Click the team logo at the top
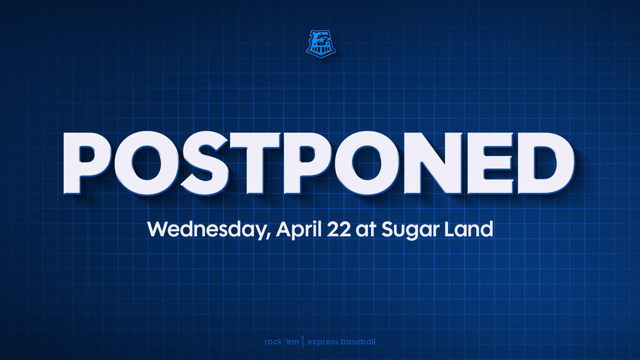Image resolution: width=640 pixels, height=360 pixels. click(321, 44)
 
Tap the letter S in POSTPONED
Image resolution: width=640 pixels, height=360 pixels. click(205, 163)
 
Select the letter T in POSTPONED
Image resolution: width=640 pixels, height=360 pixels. click(255, 163)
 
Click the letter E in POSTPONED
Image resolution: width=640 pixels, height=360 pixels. click(490, 163)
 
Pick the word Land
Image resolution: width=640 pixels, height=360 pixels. click(469, 229)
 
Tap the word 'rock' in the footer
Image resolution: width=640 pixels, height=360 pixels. click(274, 342)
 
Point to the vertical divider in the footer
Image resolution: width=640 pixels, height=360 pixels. click(303, 342)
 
